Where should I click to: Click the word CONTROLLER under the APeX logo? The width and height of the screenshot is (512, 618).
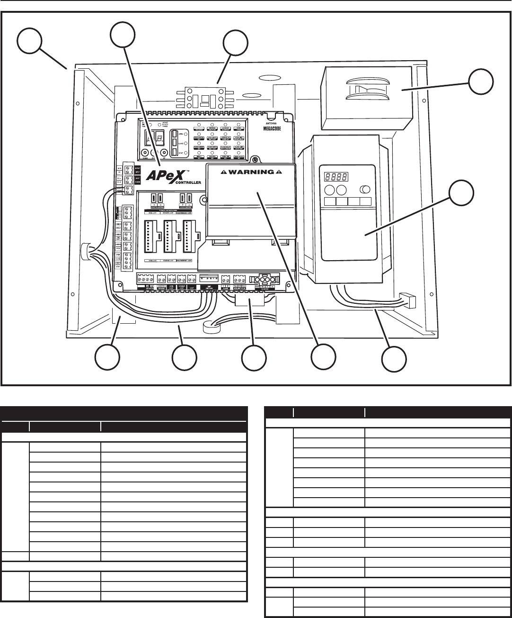pyautogui.click(x=187, y=182)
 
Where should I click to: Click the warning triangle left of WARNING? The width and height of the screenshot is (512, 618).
pyautogui.click(x=217, y=172)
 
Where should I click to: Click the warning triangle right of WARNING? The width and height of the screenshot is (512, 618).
pyautogui.click(x=279, y=172)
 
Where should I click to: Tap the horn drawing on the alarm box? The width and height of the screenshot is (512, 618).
pyautogui.click(x=364, y=90)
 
